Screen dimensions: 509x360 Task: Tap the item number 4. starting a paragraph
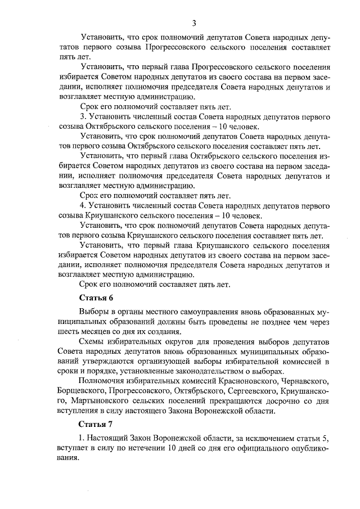[x=83, y=206]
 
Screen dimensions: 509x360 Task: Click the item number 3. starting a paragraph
[x=83, y=117]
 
